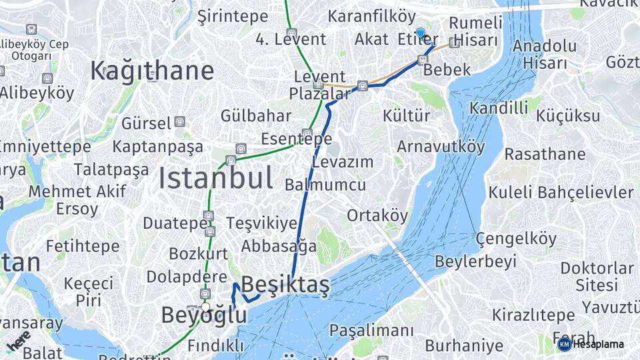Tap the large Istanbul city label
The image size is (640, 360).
coord(215,179)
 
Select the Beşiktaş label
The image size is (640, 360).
coord(285,285)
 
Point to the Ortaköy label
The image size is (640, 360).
coord(377,215)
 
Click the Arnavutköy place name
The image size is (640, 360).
coord(441,146)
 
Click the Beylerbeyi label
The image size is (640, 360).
coord(477,261)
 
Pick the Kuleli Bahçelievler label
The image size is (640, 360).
coord(561,193)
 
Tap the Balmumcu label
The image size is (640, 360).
coord(325,185)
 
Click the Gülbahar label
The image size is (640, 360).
coord(256,115)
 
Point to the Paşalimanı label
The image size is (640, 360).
coord(371,331)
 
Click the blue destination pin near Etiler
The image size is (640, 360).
coord(420,33)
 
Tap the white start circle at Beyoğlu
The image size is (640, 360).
coord(205,307)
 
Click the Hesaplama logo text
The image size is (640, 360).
coord(597,344)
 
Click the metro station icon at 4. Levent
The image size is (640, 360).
coord(291,32)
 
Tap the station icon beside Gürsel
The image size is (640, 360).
coord(179,122)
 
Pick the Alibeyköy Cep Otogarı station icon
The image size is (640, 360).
coord(31,29)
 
